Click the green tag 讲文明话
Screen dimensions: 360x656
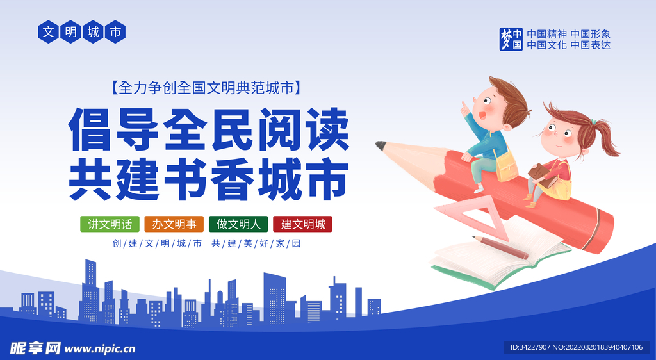(110, 224)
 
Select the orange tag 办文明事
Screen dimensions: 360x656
(174, 224)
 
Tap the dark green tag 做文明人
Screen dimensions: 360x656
(238, 224)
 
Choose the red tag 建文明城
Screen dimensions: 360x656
(303, 224)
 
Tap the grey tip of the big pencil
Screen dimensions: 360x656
(381, 145)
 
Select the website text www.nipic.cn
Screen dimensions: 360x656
(101, 348)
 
